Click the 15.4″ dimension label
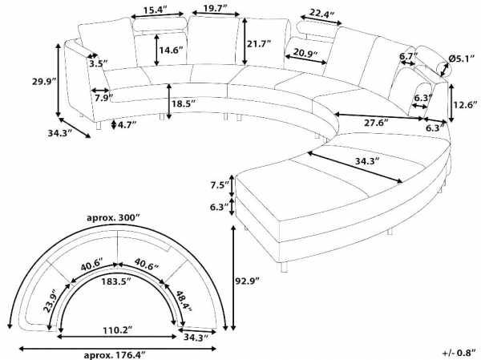(156, 10)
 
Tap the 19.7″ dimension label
(215, 8)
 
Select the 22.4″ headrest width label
(321, 14)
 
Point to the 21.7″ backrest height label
(259, 44)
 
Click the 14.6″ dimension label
(172, 50)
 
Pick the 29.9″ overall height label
(44, 82)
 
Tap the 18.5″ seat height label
(184, 103)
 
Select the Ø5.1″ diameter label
(462, 59)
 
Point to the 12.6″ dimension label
(466, 105)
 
